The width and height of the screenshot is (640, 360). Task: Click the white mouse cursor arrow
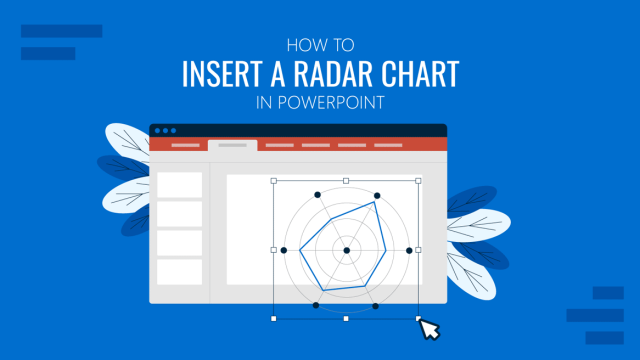pos(428,329)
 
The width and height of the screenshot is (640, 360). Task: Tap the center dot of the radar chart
pos(346,250)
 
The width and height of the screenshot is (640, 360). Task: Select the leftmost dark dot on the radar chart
pos(284,250)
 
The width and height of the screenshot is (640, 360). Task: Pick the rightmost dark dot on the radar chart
pos(408,250)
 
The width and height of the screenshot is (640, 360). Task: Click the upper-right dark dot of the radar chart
pos(377,196)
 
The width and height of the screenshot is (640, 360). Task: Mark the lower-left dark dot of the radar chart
pos(316,304)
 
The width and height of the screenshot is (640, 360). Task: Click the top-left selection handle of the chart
pos(274,181)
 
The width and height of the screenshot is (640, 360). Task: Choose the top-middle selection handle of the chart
pos(346,181)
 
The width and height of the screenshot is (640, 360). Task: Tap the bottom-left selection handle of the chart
pos(274,319)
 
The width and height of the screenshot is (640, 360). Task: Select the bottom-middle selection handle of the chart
pos(346,319)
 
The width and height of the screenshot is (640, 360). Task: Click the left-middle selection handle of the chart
pos(274,250)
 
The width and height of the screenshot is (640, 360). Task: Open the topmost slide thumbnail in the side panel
pos(180,184)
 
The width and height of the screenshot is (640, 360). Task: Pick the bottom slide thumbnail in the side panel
pos(180,271)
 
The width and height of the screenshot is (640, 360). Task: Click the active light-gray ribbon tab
pos(232,145)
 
